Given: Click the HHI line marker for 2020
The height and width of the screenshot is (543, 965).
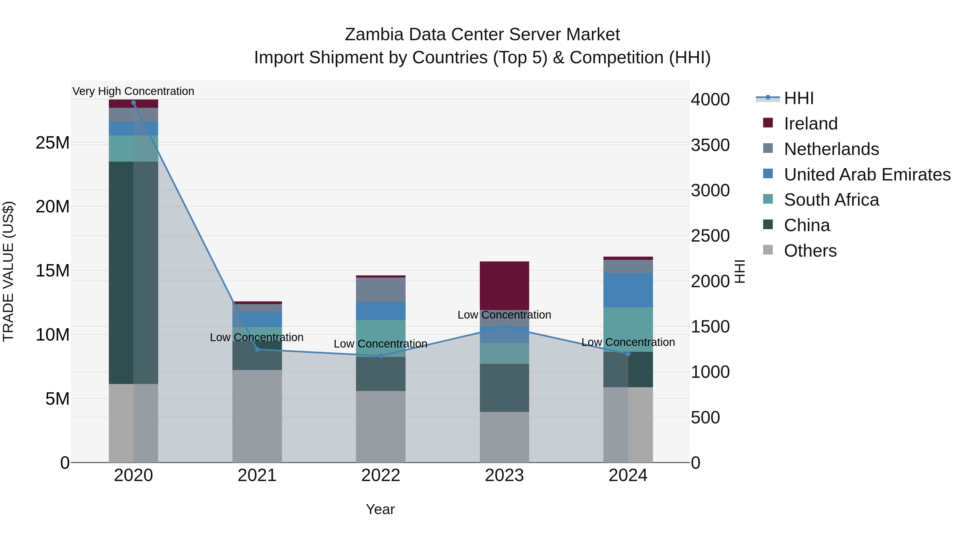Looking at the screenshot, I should [x=133, y=103].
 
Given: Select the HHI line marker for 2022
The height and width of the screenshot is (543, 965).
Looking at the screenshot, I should [x=381, y=356].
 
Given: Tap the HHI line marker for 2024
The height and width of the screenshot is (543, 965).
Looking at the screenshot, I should [x=628, y=354].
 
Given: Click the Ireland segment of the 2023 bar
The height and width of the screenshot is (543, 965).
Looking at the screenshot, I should [x=504, y=286].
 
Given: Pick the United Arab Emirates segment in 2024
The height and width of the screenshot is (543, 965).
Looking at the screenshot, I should [x=628, y=290].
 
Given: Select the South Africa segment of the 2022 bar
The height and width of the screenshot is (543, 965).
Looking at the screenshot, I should [x=381, y=332].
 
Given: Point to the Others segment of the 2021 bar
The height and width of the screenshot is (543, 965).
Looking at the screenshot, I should [x=257, y=416].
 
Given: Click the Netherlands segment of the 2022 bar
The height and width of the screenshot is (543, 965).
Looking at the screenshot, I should [x=381, y=290].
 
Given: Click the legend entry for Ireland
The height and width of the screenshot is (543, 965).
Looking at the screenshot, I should [x=810, y=124].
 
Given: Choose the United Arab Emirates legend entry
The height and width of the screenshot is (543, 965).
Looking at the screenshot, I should [x=867, y=175].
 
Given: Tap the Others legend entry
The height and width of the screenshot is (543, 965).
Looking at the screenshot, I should [x=810, y=251].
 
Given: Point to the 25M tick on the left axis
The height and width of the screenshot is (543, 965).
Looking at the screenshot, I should [x=53, y=143].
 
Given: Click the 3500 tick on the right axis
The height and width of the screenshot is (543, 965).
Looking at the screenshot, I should [x=710, y=145].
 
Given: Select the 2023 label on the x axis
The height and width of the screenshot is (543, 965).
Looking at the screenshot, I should [x=504, y=475].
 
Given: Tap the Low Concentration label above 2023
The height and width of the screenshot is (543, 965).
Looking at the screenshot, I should [x=504, y=315].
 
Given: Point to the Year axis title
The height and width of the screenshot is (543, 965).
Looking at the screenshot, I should [x=380, y=509].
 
